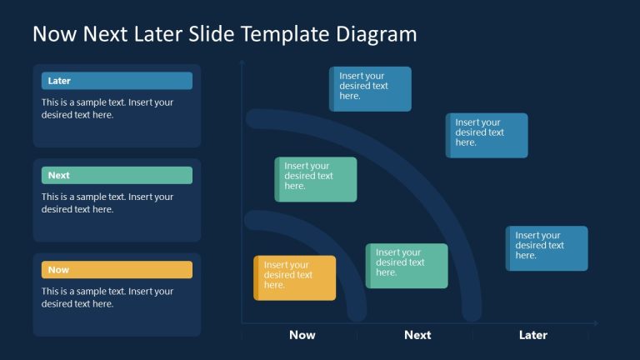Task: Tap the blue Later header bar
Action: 117,81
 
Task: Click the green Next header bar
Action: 117,175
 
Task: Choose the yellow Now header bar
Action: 117,269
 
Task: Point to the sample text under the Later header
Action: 107,109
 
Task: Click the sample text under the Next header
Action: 107,203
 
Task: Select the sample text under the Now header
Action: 107,297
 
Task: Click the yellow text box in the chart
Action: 295,277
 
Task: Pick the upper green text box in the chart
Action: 316,179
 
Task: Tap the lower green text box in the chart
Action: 407,266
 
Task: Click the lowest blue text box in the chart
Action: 547,248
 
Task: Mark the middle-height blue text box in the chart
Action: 487,135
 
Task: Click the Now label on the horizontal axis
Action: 302,335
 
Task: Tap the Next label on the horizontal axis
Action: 417,335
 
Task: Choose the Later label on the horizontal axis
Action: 533,335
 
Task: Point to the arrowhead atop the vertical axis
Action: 242,62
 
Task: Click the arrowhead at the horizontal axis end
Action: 595,323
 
